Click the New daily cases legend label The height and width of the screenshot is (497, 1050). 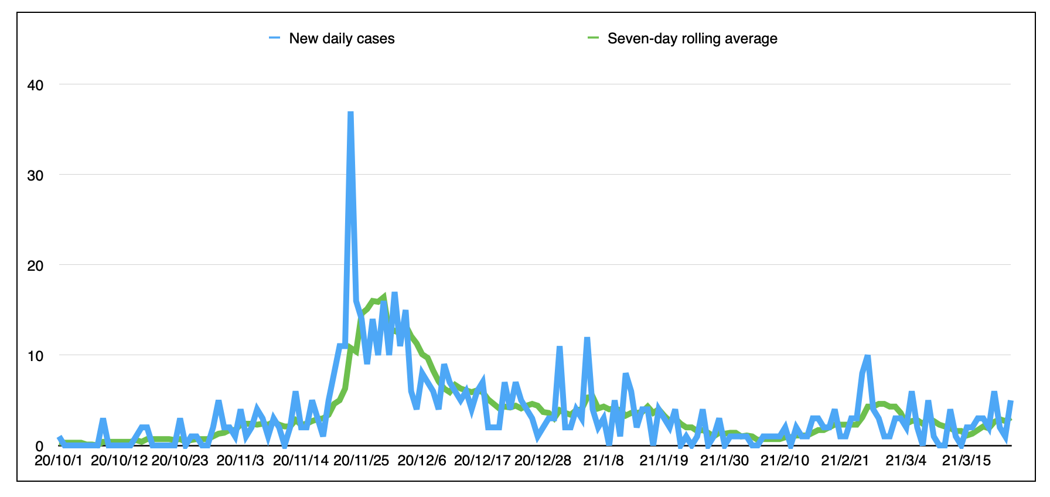click(x=342, y=39)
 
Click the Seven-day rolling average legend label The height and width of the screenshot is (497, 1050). click(x=693, y=39)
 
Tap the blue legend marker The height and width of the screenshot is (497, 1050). click(x=275, y=38)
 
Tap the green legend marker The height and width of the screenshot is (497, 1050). click(x=594, y=38)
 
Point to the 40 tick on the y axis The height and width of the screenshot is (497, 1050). click(x=35, y=85)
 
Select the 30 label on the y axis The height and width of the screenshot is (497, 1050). click(x=35, y=175)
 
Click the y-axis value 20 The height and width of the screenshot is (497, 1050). click(x=35, y=265)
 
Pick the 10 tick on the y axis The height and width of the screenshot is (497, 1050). click(x=35, y=356)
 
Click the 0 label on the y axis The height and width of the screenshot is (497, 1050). click(x=39, y=446)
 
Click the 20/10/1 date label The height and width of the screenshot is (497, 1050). click(x=59, y=460)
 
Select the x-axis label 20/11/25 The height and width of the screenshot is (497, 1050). click(x=361, y=460)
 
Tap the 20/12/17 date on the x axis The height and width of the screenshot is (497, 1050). click(x=482, y=460)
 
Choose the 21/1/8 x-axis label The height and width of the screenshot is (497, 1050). click(x=604, y=460)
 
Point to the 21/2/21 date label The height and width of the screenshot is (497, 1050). click(x=845, y=460)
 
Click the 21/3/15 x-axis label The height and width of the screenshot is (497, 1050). click(x=966, y=460)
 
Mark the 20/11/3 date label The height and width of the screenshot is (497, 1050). click(x=240, y=460)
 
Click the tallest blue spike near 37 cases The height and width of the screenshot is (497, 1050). click(x=350, y=113)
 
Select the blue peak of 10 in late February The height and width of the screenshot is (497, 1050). click(x=868, y=356)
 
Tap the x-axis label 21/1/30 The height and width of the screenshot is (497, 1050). click(x=724, y=460)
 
